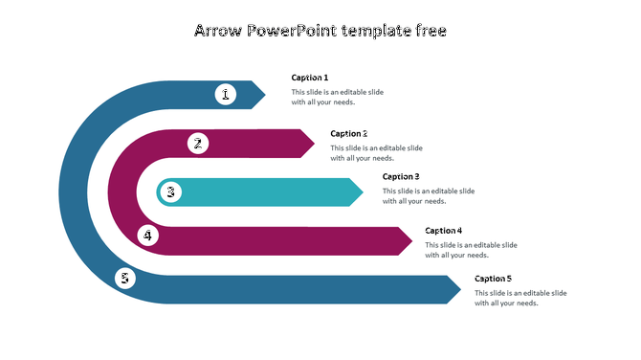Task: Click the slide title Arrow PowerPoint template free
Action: tap(320, 31)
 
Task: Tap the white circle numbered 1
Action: tap(226, 94)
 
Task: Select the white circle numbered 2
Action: tap(197, 144)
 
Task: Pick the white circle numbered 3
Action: tap(170, 192)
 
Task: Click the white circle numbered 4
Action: tap(147, 235)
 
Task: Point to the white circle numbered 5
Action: tap(125, 279)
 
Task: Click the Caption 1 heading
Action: tap(310, 78)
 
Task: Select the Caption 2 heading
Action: tap(349, 134)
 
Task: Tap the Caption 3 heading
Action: tap(401, 176)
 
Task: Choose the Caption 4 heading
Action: tap(444, 231)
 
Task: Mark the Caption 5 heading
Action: tap(493, 279)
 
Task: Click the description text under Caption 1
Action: tap(337, 97)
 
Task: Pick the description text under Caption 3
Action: tap(428, 196)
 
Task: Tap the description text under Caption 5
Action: tap(520, 298)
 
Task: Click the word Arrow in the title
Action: tap(217, 31)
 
